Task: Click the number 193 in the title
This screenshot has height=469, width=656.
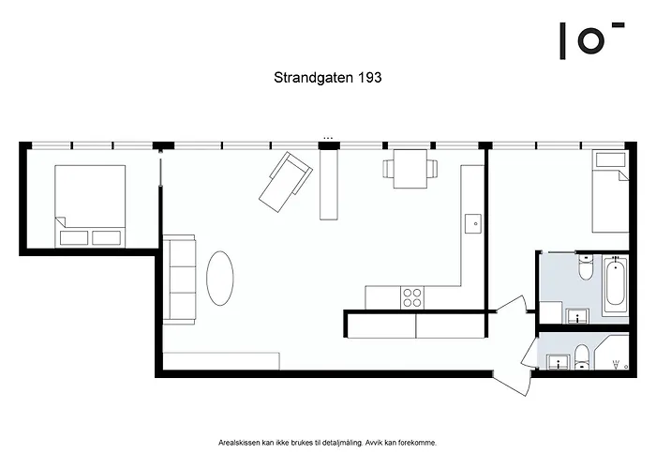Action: pos(369,78)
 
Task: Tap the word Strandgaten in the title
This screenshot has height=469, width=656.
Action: pos(314,78)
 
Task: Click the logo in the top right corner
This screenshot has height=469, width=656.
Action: pos(591,40)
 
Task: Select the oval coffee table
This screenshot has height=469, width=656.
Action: pos(220,278)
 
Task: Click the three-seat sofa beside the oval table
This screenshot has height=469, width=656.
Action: pos(179,280)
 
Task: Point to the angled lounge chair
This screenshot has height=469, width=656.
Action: pos(286,182)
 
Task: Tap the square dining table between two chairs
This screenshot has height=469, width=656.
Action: pos(410,169)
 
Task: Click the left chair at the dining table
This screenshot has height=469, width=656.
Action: pos(388,168)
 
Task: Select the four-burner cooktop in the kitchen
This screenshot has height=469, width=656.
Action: pos(412,297)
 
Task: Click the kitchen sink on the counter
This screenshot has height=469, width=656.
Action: pos(472,223)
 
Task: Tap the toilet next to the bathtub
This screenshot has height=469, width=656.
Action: pos(586,267)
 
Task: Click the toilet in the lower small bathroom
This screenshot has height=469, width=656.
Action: pos(581,357)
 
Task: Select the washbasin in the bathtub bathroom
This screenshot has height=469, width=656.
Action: pos(578,316)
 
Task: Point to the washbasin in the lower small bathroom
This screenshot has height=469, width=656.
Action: pos(559,362)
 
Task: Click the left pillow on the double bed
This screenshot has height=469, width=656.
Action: pos(74,238)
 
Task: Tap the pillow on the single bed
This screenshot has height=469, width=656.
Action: pos(610,159)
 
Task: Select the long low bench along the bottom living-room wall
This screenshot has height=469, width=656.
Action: pos(221,361)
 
